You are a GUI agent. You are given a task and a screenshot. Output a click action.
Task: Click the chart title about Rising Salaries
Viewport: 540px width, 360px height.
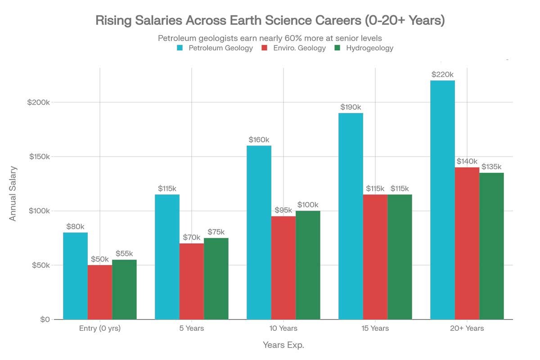click(270, 21)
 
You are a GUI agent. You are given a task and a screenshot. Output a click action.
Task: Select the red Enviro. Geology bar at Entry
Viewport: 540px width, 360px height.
click(100, 292)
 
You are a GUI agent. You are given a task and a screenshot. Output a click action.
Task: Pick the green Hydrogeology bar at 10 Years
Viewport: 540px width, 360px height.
click(308, 265)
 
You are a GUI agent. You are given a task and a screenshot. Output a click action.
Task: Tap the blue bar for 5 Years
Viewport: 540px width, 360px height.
click(167, 256)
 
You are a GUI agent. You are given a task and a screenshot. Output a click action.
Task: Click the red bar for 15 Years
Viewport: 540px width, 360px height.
click(375, 256)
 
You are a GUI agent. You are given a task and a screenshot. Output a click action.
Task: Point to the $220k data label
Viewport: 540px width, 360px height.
click(442, 75)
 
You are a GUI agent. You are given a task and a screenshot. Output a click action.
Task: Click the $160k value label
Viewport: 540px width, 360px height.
click(259, 139)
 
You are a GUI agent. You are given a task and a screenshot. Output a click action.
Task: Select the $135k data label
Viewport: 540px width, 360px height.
click(491, 167)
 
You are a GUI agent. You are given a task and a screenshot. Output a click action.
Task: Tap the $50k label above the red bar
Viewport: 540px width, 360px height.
click(100, 259)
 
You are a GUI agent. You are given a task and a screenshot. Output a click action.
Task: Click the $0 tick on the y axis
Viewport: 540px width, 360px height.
click(44, 319)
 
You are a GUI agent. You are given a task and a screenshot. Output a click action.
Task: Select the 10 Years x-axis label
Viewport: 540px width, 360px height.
click(283, 328)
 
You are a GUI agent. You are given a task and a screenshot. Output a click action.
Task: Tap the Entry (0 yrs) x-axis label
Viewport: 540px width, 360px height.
click(99, 328)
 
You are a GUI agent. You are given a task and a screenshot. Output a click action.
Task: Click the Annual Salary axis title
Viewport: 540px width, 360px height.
click(13, 193)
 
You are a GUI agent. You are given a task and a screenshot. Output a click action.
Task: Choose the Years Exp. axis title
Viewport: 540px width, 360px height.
click(283, 345)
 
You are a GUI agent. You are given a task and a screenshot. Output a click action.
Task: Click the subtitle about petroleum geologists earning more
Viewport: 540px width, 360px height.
click(270, 38)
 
